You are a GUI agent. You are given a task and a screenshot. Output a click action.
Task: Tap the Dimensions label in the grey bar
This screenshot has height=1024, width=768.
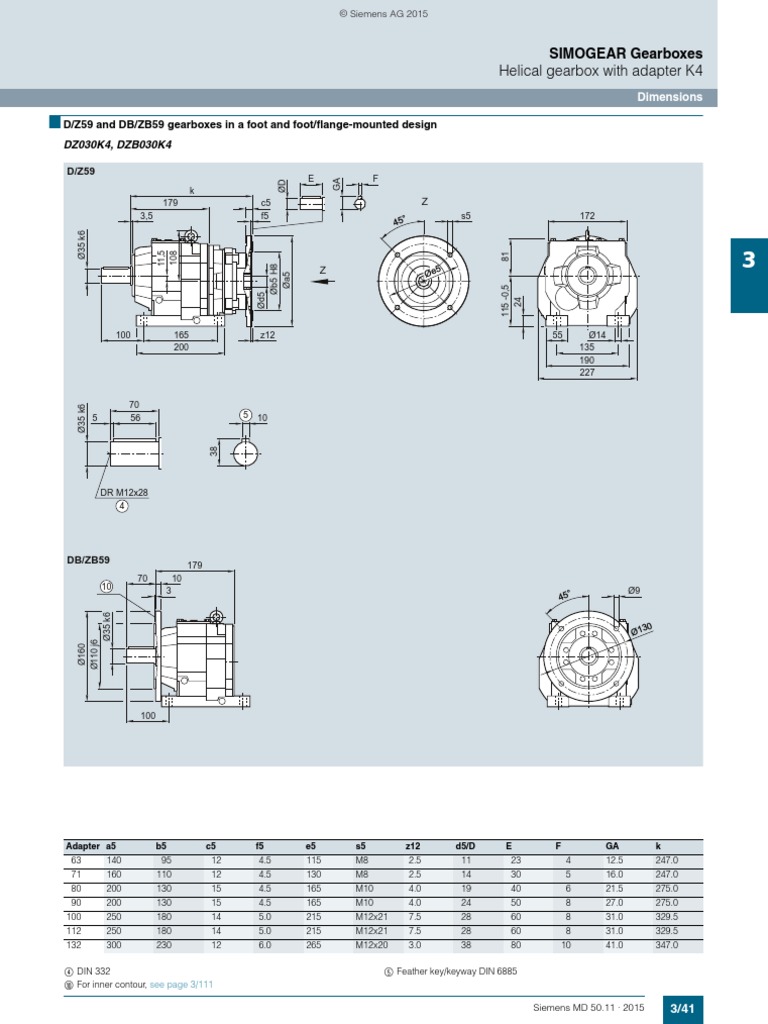tap(670, 97)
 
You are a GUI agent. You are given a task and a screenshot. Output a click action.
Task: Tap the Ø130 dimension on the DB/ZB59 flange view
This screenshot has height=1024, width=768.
tap(640, 628)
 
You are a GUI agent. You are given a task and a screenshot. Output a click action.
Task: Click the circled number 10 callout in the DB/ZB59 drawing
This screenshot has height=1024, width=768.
tap(107, 585)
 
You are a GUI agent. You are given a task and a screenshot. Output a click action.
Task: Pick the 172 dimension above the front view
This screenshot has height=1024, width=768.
tap(587, 216)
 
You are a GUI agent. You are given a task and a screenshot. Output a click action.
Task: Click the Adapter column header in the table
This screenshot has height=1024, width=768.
tap(83, 846)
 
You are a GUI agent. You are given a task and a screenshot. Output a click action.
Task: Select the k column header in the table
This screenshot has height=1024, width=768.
tap(658, 846)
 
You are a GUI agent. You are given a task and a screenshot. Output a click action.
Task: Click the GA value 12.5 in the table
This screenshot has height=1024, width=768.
tap(614, 860)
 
